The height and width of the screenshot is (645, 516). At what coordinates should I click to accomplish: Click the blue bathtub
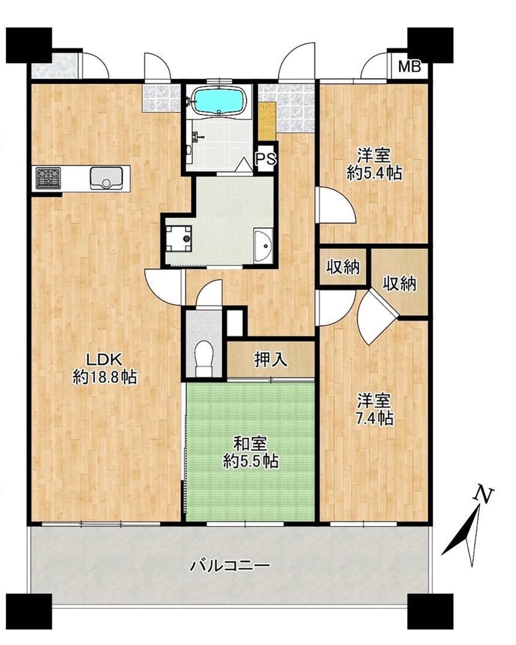coord(219,102)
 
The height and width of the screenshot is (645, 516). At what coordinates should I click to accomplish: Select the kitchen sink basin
coord(106,178)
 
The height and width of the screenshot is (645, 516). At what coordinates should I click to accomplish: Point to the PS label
coord(266,159)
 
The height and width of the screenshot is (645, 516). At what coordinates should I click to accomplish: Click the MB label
coord(409,66)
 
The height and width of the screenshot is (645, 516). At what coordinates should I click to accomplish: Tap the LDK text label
coord(104,360)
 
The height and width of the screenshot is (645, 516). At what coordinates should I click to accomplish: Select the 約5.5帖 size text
coord(250,462)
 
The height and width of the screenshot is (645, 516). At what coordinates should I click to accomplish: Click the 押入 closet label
coord(271,359)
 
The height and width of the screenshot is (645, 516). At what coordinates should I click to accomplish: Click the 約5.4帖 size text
coord(374,173)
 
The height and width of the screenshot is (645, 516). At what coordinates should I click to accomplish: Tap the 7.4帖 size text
coord(375,418)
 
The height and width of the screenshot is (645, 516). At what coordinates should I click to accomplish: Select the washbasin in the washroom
coord(263,245)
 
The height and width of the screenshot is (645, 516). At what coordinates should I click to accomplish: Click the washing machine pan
coord(179,238)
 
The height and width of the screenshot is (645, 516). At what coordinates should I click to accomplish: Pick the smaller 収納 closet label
coord(343,267)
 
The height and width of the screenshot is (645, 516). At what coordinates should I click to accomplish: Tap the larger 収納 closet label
coord(399,283)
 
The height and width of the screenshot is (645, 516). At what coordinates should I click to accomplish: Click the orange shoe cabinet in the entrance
coord(267,120)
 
